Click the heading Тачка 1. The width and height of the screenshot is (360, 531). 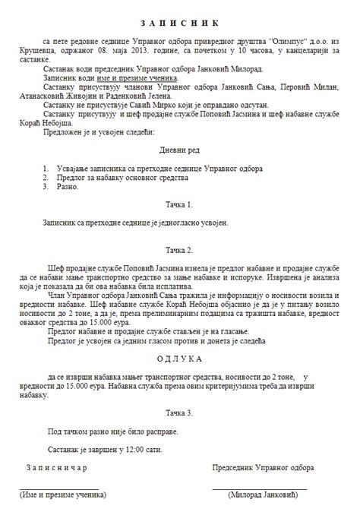(180, 205)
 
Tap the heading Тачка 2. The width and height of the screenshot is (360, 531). (180, 249)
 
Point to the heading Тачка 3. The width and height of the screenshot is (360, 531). (180, 412)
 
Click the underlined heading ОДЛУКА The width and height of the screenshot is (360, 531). (180, 357)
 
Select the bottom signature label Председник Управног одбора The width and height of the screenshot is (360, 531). (263, 468)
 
